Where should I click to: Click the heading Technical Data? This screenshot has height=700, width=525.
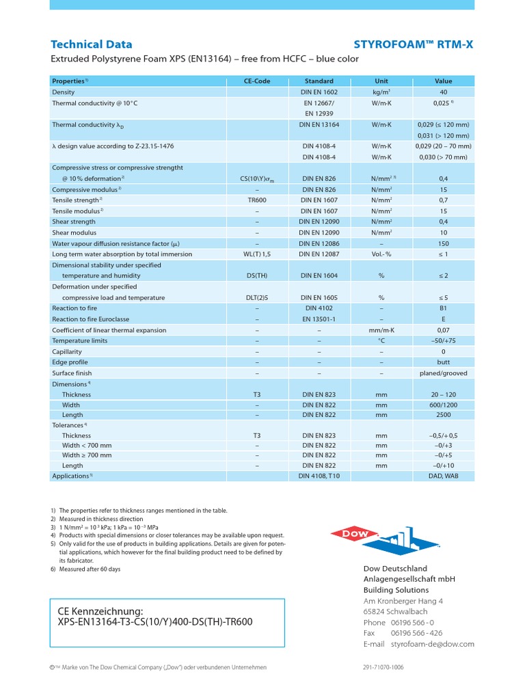click(x=92, y=44)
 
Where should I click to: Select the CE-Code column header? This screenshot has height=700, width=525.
click(x=257, y=81)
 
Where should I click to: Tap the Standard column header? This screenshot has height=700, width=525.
click(x=319, y=81)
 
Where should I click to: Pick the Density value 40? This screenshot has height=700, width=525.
click(x=443, y=92)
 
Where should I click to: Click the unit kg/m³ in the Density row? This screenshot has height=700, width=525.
click(x=381, y=92)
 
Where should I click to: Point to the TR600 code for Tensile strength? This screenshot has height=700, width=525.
click(x=257, y=200)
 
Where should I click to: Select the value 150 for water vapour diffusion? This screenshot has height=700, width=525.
click(x=443, y=243)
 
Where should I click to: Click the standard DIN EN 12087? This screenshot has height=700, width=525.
click(x=319, y=254)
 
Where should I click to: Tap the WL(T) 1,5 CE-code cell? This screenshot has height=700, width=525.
click(x=257, y=254)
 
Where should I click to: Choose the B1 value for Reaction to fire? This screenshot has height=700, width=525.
click(x=443, y=308)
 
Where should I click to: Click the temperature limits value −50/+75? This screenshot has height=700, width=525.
click(x=443, y=340)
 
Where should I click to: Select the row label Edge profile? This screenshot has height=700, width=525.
click(x=72, y=362)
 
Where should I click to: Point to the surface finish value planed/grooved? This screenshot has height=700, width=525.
click(x=443, y=373)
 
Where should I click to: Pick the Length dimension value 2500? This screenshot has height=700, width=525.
click(x=443, y=415)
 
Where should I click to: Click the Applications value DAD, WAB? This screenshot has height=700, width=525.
click(x=443, y=476)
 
